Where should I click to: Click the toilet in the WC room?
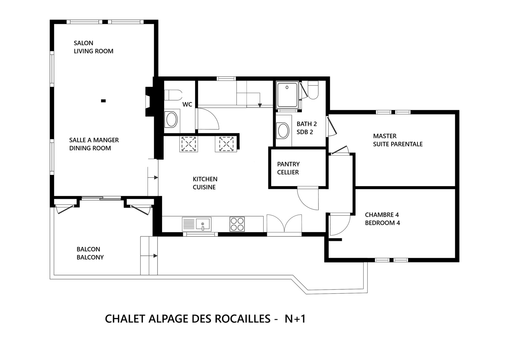click(173, 95)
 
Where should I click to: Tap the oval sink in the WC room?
click(172, 120)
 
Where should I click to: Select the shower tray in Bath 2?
click(287, 95)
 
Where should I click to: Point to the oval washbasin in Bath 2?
click(283, 130)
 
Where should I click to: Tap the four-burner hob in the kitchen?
click(237, 224)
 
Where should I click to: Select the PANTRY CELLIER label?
click(288, 168)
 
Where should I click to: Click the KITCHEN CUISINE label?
click(205, 183)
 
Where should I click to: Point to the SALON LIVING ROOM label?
click(93, 47)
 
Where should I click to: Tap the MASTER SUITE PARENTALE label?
click(398, 140)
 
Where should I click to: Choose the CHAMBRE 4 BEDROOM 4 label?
click(382, 219)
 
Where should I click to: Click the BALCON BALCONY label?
click(90, 253)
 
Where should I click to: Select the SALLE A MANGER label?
click(94, 144)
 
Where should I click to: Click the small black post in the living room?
click(103, 101)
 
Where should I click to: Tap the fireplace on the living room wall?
click(149, 101)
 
